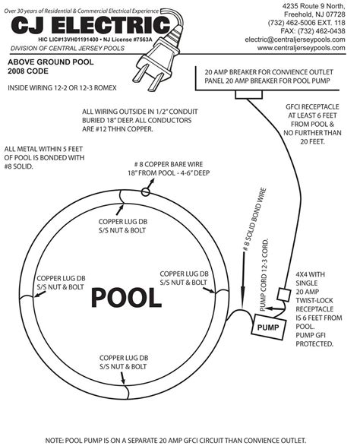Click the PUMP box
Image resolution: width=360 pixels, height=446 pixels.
268,327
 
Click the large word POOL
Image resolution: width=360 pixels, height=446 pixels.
126,298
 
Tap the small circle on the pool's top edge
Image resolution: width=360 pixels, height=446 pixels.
145,192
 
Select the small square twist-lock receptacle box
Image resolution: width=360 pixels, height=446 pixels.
283,294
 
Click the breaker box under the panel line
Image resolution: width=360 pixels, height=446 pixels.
248,95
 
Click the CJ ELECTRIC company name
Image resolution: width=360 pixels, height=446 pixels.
90,25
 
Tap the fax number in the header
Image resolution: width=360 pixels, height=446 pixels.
313,31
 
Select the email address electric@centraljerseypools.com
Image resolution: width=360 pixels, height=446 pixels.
295,40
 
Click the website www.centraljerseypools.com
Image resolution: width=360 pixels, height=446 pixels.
301,48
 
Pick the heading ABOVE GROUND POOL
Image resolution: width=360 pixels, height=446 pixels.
51,62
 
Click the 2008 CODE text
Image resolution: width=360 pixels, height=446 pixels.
28,71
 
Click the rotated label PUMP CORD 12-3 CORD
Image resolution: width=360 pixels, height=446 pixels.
264,275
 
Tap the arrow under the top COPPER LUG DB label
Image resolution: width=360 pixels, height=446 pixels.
120,210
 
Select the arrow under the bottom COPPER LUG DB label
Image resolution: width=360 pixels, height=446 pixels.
122,378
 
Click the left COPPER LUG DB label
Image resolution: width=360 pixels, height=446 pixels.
61,283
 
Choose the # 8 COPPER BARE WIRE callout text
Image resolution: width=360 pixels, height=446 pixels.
169,169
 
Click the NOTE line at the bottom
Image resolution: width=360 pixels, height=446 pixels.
175,441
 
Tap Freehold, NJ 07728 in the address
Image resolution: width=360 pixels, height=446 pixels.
314,14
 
